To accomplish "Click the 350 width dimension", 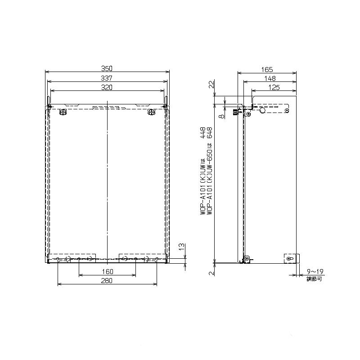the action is click(107, 68).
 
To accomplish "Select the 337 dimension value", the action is click(107, 78).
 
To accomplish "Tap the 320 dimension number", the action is click(107, 87).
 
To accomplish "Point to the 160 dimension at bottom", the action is click(108, 272).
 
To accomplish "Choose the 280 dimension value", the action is click(107, 280).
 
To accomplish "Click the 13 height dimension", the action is click(182, 247).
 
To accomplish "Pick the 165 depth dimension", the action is click(267, 69).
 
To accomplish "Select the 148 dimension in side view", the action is click(270, 78).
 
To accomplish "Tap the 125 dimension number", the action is click(274, 87).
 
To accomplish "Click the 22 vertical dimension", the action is click(211, 84).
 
